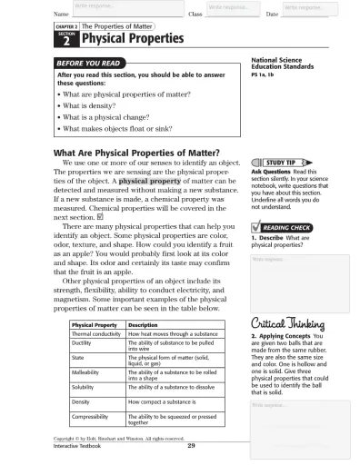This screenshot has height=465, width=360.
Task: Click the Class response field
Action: (230, 9)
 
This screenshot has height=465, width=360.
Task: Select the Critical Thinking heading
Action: (285, 324)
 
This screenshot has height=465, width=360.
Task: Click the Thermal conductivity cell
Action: (95, 333)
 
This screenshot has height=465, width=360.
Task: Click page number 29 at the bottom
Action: (191, 445)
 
